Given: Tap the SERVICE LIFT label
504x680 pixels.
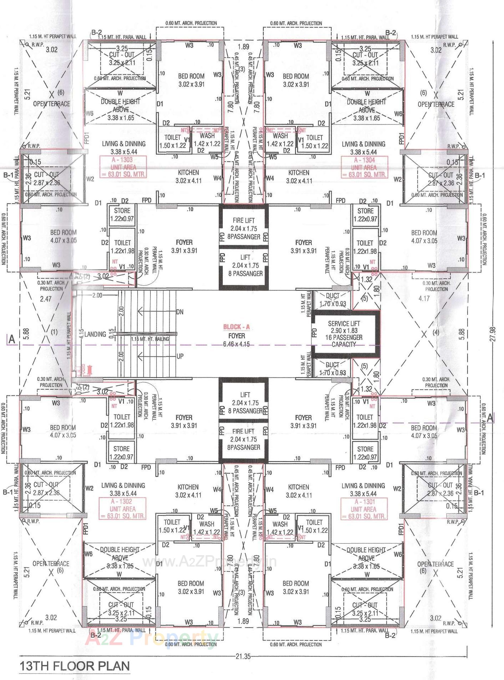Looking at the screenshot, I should [344, 323].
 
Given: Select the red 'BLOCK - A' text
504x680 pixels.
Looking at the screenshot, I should [236, 327].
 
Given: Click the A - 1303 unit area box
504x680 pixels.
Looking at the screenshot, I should [123, 167].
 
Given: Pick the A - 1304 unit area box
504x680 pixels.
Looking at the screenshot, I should [364, 167].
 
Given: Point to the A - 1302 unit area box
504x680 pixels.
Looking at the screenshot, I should [123, 509].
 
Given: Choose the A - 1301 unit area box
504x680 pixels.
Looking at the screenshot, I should [363, 509].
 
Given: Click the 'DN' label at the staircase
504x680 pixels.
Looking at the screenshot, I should [180, 312].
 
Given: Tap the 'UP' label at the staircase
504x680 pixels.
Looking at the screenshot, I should [180, 356].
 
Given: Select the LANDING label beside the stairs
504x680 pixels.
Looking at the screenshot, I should [95, 335].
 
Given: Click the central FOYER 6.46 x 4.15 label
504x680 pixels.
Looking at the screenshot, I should [236, 340].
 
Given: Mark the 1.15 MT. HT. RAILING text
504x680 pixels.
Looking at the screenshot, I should [150, 339].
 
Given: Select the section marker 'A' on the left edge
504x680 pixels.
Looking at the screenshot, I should [12, 339].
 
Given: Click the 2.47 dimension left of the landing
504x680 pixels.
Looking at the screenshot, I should [46, 299].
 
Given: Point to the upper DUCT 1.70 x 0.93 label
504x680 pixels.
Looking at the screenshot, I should [332, 300].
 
